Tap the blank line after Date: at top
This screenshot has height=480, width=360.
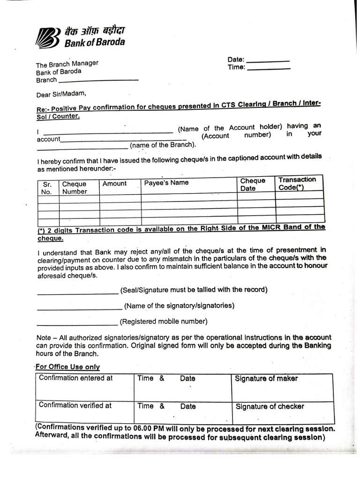point(268,61)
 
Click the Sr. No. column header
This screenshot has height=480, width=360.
point(47,188)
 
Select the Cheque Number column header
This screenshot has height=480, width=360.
point(75,187)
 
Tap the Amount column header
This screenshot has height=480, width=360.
point(114,184)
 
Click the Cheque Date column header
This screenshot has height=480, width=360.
point(253,184)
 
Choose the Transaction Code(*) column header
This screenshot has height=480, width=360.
point(297,183)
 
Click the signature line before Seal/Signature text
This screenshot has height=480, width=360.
point(77,293)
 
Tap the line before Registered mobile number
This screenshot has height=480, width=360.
point(77,324)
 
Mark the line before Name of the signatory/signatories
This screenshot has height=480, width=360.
point(79,309)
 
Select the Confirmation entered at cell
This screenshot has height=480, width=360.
point(76,378)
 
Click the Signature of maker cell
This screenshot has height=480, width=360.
point(266,379)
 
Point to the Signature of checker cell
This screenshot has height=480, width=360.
point(270,406)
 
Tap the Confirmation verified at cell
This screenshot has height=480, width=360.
point(75,405)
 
